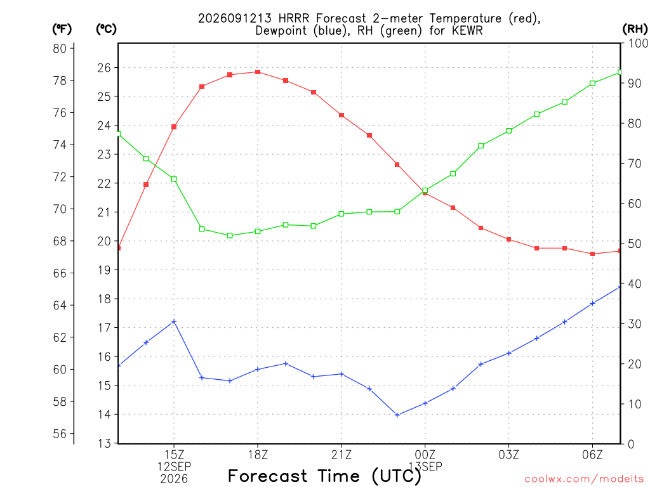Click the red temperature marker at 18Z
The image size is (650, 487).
coord(258,72)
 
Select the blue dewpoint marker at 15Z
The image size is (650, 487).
coord(174,321)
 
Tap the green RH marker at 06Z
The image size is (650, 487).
coord(592,83)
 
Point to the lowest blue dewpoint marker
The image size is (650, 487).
coord(397,415)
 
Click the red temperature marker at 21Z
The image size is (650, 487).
coord(342,115)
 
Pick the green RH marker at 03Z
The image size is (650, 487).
coord(509,131)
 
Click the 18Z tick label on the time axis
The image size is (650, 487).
coord(258,455)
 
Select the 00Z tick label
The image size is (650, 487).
coord(425,455)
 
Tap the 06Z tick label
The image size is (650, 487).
coord(592,455)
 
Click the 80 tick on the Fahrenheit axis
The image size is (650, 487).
coord(60,48)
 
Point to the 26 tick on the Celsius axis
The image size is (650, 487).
coord(105,67)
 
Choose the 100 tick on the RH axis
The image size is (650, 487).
coord(639,43)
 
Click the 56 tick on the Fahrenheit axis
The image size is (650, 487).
coord(60,434)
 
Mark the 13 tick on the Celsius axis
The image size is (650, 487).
coord(105,443)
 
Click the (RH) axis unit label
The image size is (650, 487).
coord(635,29)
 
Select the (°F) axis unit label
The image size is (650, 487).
coord(62,29)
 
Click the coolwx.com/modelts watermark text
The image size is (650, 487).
coord(584,479)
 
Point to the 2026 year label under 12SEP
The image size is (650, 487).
coord(174,479)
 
